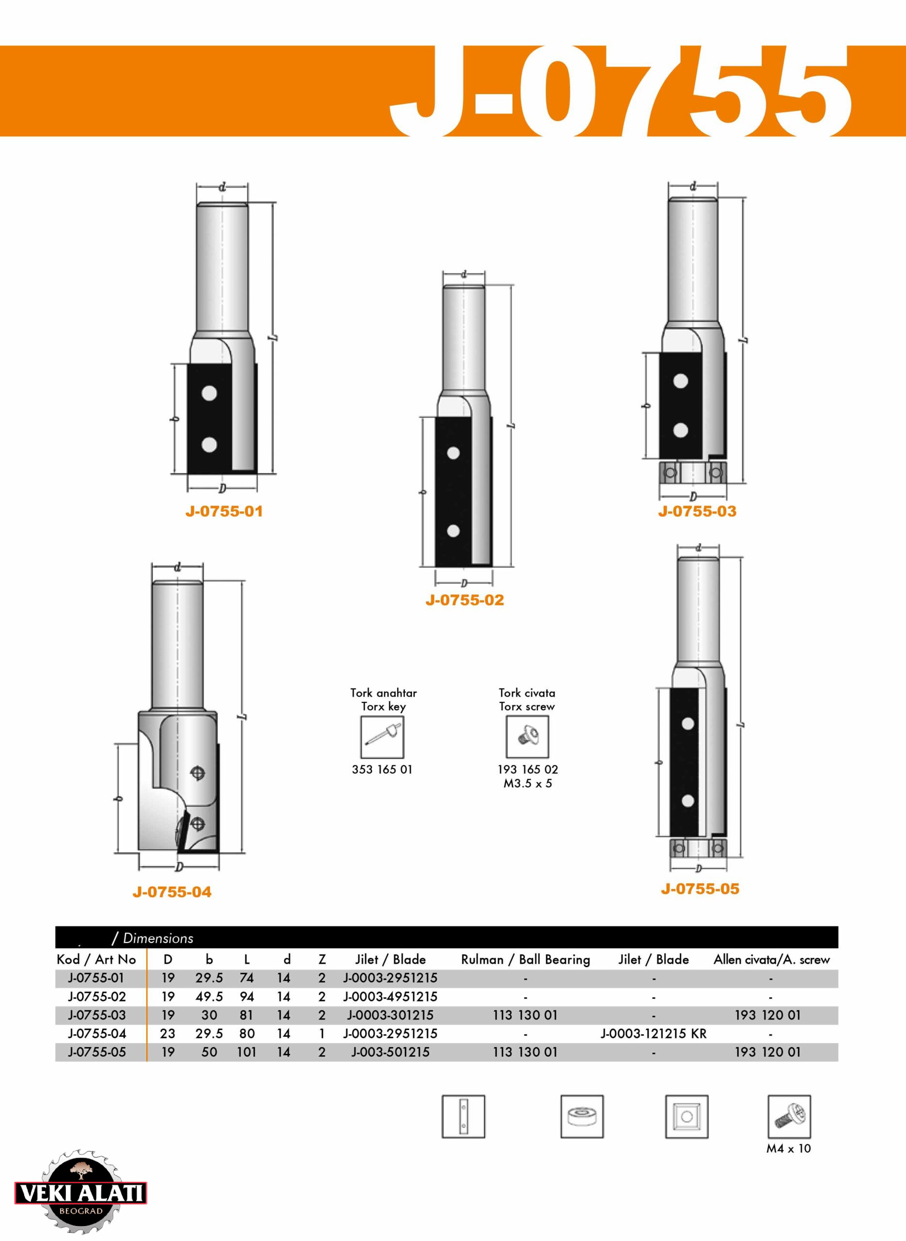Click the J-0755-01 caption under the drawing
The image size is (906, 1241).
224,511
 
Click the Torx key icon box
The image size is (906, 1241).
382,737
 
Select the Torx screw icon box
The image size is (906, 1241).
527,737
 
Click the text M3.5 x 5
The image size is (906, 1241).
527,784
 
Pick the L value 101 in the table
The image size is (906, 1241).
246,1052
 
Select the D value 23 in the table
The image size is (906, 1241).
167,1033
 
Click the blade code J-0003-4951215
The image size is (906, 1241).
391,996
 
